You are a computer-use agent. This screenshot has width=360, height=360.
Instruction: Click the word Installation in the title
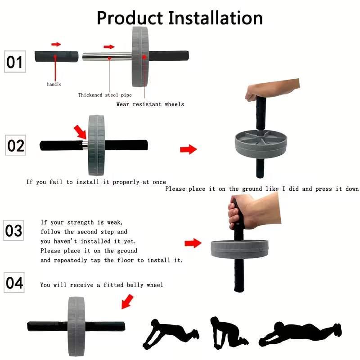(215, 18)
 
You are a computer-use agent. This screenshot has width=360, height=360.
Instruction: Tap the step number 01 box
(14, 62)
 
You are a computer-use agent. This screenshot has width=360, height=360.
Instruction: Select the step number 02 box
(16, 146)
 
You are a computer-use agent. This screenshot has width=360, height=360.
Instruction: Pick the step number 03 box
(13, 230)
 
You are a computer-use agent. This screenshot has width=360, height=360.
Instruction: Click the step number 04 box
(14, 283)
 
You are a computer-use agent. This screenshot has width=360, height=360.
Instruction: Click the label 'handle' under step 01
(54, 84)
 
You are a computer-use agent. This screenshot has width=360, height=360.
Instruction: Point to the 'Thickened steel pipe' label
(105, 95)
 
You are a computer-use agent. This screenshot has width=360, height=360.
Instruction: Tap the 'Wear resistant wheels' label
(150, 104)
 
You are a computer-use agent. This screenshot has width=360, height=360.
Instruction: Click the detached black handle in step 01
(57, 57)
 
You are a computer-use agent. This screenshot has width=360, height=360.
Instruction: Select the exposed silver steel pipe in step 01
(107, 57)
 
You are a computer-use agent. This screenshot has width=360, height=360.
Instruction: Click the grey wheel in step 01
(140, 56)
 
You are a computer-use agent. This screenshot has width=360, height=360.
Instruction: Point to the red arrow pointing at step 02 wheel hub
(80, 132)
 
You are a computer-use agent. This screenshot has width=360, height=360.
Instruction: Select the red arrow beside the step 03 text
(193, 243)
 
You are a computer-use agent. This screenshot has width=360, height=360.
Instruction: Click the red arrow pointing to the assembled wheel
(127, 301)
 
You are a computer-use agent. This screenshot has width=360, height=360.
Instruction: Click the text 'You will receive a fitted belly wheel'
(101, 285)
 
